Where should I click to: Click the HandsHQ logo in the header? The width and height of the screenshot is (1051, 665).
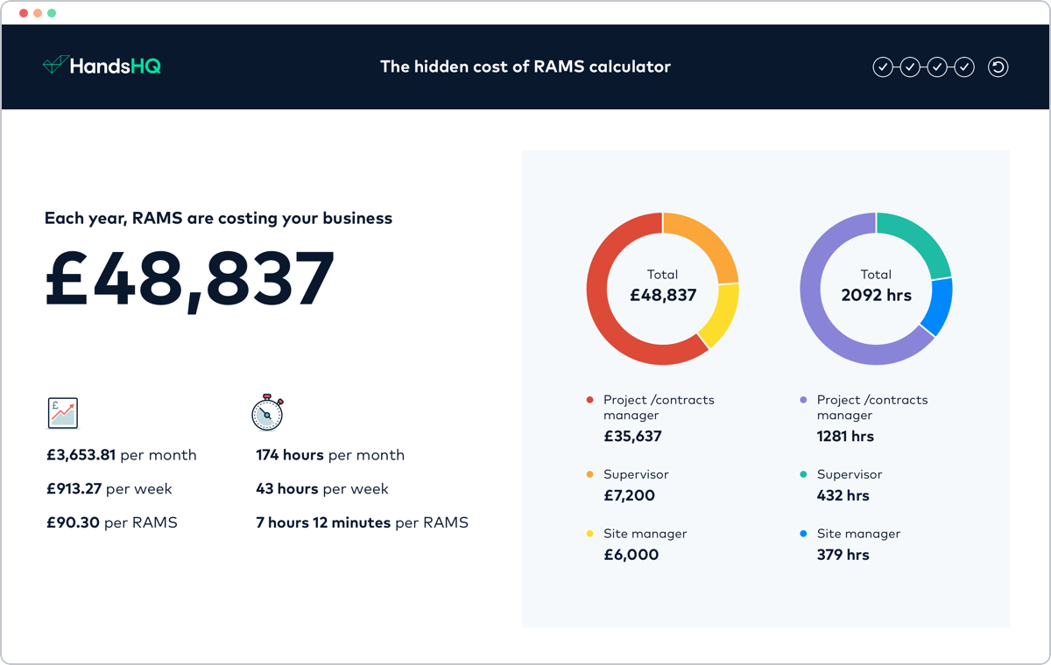102,66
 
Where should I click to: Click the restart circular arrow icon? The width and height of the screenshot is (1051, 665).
998,66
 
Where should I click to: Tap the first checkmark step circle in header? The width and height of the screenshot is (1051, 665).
882,66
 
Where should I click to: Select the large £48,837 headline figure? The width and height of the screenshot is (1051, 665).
190,280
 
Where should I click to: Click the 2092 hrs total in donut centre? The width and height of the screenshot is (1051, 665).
876,296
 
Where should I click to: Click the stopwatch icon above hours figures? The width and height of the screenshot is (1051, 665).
267,413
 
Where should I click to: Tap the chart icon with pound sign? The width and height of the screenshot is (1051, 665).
62,413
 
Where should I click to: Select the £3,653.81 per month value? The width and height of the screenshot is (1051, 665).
81,455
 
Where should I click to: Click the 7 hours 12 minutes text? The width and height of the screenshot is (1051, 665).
323,523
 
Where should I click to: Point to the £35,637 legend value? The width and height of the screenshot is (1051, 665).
632,437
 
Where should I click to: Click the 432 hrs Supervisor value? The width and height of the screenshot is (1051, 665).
843,496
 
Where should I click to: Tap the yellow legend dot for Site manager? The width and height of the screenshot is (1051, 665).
589,534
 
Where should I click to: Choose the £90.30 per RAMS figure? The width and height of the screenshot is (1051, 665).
74,523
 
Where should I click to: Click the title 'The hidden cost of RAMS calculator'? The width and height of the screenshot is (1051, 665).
525,66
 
